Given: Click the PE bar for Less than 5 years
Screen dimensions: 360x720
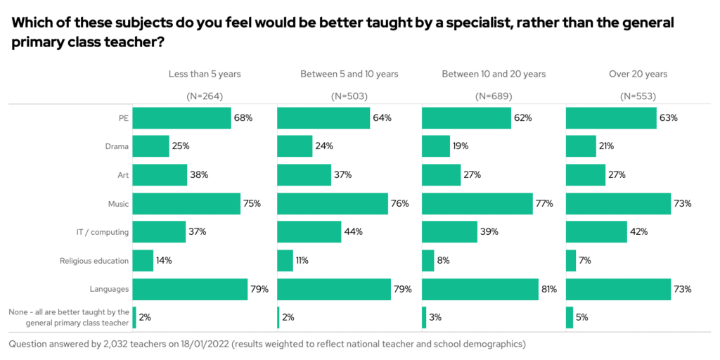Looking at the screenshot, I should tap(181, 117).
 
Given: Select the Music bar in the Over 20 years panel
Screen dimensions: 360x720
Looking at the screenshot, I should tap(618, 203).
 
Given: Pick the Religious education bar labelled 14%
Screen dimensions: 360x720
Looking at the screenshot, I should tap(143, 260).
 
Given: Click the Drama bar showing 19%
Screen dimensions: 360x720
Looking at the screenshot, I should tap(436, 146).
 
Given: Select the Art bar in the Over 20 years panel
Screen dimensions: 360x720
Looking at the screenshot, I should tap(585, 174).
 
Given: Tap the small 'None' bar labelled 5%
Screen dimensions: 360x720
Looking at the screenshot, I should tap(569, 317).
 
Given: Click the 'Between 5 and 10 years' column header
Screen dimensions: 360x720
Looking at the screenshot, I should tap(349, 74).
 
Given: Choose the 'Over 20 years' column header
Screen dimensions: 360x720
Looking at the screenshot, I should tap(638, 74).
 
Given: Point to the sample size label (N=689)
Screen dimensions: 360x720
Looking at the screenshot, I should tap(494, 96).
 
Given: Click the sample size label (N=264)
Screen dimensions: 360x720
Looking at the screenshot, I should tap(205, 96).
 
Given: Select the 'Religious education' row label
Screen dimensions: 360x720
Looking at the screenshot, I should tap(94, 261).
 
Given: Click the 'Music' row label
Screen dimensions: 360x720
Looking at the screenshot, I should tap(118, 204).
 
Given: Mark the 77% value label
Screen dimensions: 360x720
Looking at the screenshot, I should tap(544, 204).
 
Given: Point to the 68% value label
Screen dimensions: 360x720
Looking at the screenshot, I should tap(243, 117).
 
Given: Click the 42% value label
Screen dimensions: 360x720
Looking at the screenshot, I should tap(639, 232).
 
